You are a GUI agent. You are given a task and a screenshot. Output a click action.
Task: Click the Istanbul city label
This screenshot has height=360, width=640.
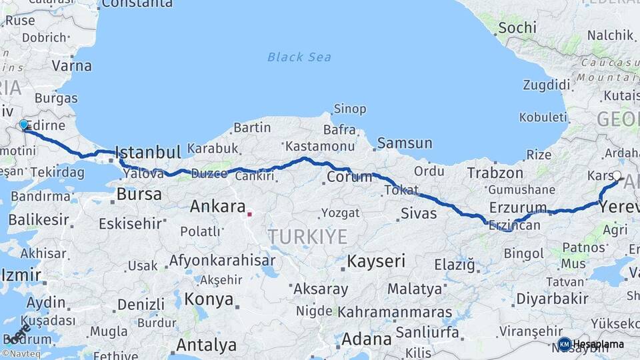148,153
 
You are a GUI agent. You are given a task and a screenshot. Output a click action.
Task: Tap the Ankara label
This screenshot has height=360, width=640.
218,207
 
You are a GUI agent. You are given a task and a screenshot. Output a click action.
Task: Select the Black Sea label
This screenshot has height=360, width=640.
299,57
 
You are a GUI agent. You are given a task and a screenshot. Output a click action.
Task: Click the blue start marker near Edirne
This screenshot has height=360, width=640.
24,125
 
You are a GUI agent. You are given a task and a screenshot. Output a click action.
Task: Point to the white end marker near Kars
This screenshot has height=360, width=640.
617,177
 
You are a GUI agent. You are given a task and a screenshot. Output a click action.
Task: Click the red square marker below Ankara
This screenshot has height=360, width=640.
249,214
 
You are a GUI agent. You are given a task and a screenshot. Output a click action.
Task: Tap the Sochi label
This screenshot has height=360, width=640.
517,27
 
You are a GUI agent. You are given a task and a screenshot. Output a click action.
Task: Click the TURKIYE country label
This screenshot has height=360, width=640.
307,236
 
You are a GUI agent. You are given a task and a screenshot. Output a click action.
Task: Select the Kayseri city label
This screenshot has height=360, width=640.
376,261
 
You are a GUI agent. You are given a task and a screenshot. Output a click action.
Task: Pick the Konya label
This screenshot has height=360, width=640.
209,299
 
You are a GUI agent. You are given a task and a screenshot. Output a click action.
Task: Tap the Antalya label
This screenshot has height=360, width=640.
206,345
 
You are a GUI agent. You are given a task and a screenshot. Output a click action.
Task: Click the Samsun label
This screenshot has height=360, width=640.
405,143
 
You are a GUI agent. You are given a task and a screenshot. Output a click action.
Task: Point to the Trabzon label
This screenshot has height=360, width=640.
495,173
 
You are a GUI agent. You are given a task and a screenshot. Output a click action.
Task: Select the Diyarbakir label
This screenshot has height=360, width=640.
552,298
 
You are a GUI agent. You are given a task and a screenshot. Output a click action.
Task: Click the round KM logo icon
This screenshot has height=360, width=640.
564,344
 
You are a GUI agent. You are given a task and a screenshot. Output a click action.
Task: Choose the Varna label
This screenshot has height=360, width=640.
72,66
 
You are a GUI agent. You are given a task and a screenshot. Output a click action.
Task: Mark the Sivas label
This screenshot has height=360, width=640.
419,213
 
